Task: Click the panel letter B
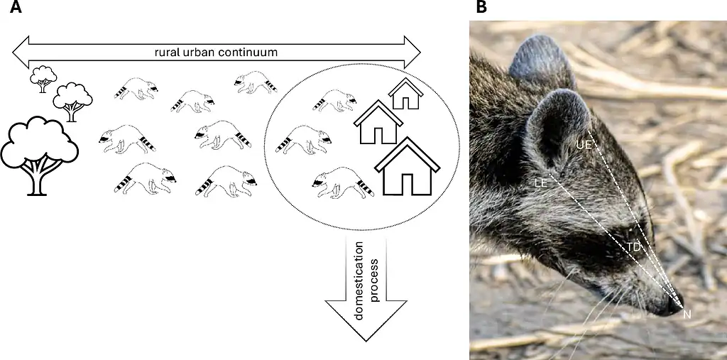pos(481,7)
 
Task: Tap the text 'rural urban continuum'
pos(216,52)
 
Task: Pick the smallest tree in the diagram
pos(43,77)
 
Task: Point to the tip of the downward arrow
pos(365,339)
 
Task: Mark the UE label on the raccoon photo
pos(584,144)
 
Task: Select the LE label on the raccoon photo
pos(540,183)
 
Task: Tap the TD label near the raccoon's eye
pos(633,246)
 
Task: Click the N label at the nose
pos(687,314)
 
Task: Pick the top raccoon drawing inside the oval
pos(334,100)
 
